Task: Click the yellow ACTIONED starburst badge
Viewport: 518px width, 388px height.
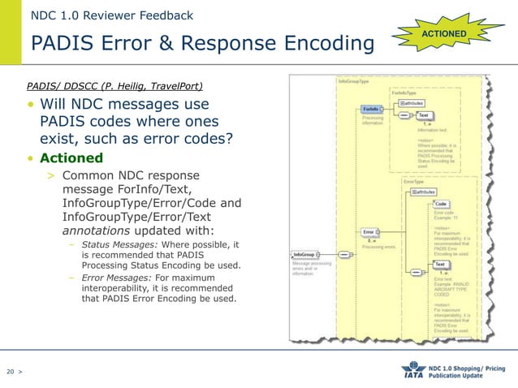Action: click(444, 34)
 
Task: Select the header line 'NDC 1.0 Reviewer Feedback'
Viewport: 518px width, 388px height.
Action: click(112, 15)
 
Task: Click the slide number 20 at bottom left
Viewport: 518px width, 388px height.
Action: click(11, 372)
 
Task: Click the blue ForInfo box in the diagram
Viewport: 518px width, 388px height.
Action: click(370, 109)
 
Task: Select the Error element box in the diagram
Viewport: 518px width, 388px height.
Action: click(369, 233)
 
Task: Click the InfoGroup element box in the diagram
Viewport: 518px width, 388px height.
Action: click(305, 254)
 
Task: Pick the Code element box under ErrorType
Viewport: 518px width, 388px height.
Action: click(441, 204)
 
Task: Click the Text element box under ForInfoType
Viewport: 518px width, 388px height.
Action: click(424, 115)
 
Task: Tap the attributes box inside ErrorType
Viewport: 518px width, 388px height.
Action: click(424, 192)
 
